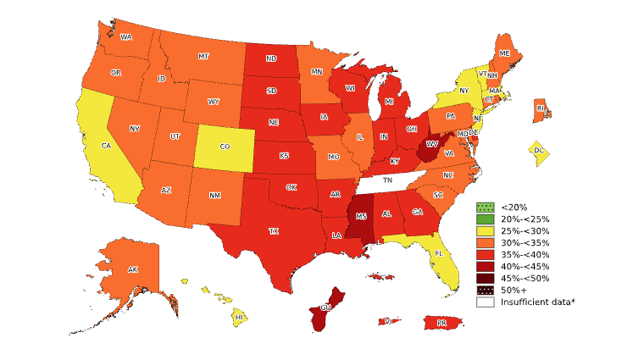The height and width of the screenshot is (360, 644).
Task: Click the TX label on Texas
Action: coord(274,230)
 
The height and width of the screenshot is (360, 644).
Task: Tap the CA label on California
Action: coord(106,146)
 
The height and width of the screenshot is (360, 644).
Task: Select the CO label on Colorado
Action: coord(225,147)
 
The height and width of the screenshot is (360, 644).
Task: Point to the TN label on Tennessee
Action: coord(386,180)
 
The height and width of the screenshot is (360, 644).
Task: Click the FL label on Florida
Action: coord(439,253)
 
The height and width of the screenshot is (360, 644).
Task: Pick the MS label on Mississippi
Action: coord(362,217)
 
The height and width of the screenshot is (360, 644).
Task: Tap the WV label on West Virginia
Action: coord(431,145)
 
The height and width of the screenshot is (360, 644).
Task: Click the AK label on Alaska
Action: coord(132,269)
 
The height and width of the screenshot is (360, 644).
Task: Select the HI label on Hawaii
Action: coord(240,317)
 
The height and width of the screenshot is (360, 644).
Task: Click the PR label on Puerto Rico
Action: coord(441,323)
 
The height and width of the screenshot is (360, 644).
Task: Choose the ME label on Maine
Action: coord(504,53)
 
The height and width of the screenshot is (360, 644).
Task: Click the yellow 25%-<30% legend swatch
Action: coord(485,230)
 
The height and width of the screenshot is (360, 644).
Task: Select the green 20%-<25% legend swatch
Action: coord(485,219)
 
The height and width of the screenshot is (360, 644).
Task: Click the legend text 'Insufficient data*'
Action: coord(537,302)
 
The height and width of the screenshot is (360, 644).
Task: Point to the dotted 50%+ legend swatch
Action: coord(485,290)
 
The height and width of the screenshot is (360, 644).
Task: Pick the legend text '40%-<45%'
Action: coord(525,266)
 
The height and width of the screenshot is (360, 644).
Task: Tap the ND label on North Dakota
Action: coord(271,59)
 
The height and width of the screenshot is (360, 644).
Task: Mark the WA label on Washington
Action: coord(125,37)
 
